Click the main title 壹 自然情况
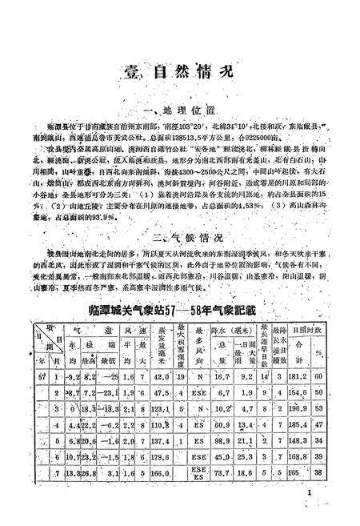[x=179, y=70]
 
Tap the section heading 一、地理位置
[x=179, y=107]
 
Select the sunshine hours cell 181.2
[x=318, y=376]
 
